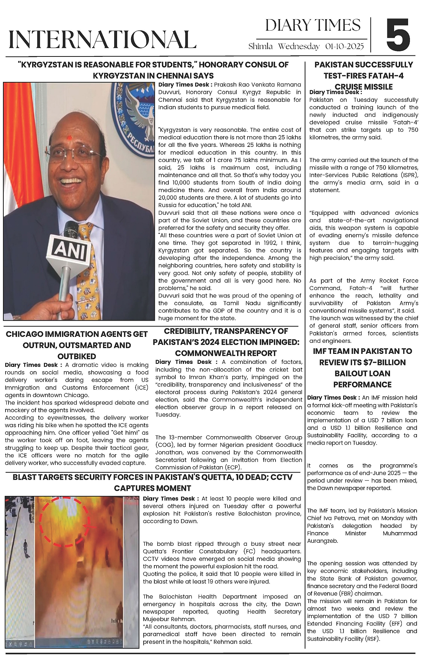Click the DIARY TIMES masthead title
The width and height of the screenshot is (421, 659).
coord(312,25)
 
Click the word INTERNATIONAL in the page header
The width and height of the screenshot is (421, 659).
coord(102,39)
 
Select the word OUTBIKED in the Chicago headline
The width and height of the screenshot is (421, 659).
coord(77,356)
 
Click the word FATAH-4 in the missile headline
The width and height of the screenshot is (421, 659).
coord(382,76)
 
